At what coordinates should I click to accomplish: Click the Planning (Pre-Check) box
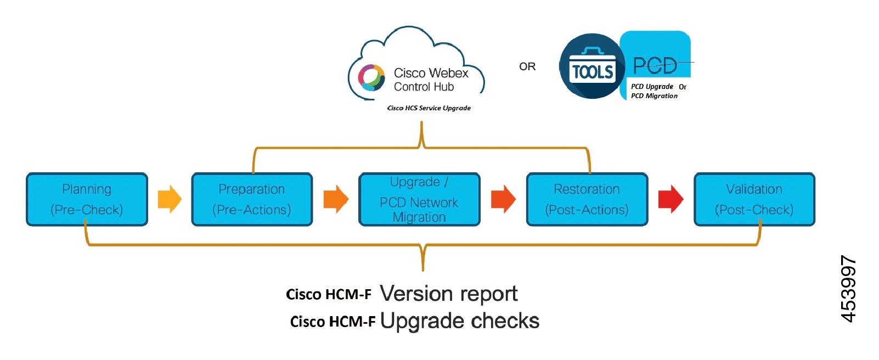pos(87,199)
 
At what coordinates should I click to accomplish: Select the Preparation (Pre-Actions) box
pos(252,199)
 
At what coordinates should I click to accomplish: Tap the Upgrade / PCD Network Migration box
pos(419,199)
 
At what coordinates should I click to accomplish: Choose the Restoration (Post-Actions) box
pos(587,199)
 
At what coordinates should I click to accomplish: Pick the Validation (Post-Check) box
pos(754,199)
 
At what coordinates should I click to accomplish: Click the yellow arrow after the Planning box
pos(170,199)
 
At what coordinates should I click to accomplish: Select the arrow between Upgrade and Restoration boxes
pos(503,199)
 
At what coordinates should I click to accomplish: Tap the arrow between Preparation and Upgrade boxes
pos(336,199)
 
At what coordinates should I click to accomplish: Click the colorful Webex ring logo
pos(371,77)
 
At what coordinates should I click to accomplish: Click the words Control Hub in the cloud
pos(424,87)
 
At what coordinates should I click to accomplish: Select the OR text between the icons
pos(527,66)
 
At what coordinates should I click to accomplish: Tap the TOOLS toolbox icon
pos(592,66)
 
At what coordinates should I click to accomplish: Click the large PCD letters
pos(655,66)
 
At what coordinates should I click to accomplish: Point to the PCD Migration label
pos(654,95)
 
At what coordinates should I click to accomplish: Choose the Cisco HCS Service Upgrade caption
pos(429,108)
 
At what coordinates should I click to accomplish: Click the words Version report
pos(448,294)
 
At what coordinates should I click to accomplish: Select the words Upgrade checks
pos(459,320)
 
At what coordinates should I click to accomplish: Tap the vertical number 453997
pos(848,289)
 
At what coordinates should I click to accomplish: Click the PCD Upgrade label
pos(652,86)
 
